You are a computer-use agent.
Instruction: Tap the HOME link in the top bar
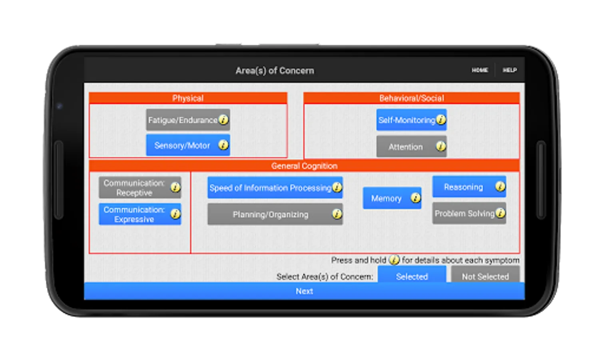pyautogui.click(x=480, y=70)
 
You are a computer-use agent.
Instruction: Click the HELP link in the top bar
pyautogui.click(x=510, y=70)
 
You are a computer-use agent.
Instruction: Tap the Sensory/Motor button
pyautogui.click(x=182, y=146)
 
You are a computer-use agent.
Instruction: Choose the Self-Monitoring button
pyautogui.click(x=407, y=120)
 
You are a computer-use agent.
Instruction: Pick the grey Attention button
pyautogui.click(x=405, y=147)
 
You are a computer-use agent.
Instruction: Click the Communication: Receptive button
pyautogui.click(x=134, y=188)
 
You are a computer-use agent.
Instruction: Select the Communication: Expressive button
pyautogui.click(x=134, y=214)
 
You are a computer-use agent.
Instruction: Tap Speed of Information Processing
pyautogui.click(x=270, y=188)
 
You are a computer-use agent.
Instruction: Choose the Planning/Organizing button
pyautogui.click(x=270, y=214)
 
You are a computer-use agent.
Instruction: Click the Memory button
pyautogui.click(x=386, y=198)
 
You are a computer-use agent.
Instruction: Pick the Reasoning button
pyautogui.click(x=463, y=187)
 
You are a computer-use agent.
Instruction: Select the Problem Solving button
pyautogui.click(x=464, y=214)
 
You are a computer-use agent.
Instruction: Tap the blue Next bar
pyautogui.click(x=304, y=291)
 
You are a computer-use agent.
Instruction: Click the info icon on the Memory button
pyautogui.click(x=416, y=198)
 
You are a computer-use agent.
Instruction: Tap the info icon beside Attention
pyautogui.click(x=441, y=146)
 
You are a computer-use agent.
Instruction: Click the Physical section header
pyautogui.click(x=188, y=98)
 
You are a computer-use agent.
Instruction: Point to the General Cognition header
pyautogui.click(x=304, y=166)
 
